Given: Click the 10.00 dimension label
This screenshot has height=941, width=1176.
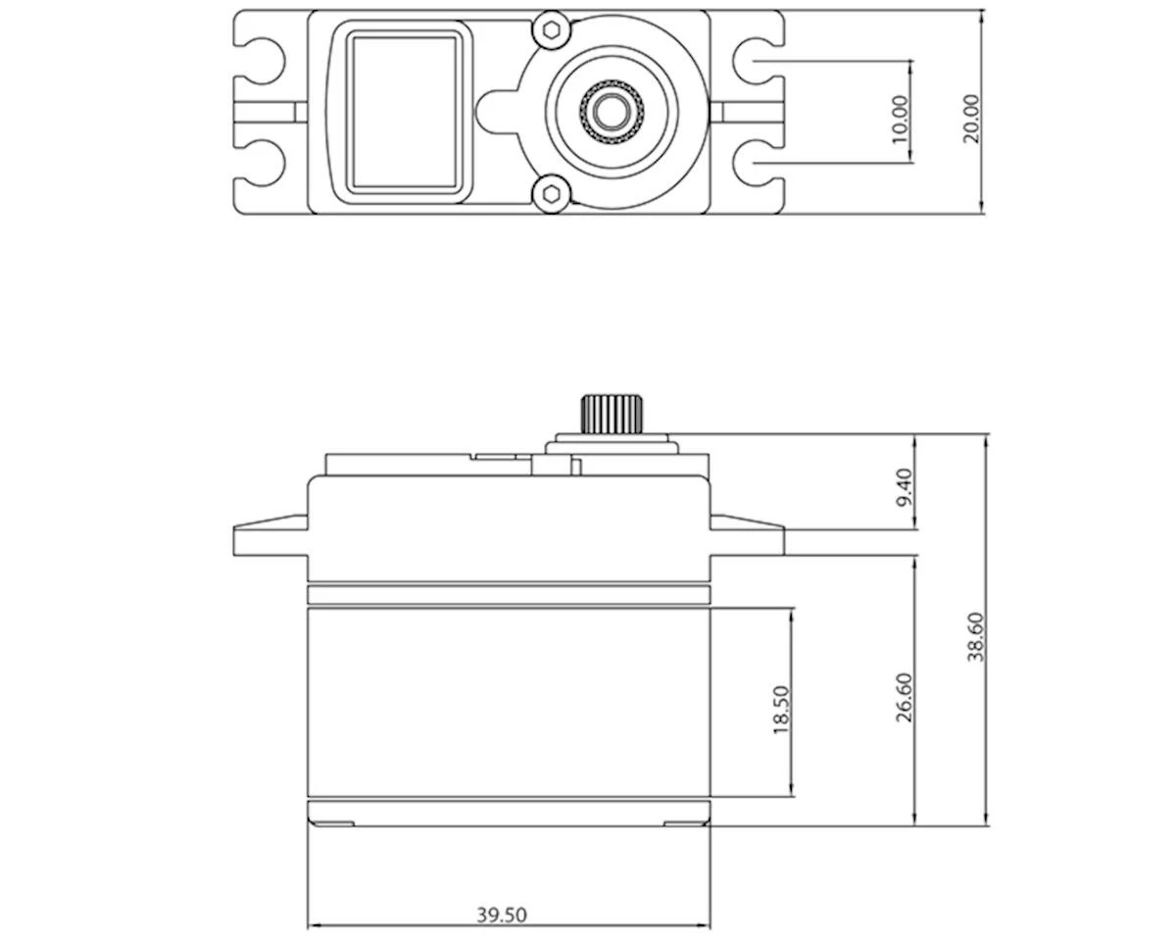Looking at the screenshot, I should tap(901, 119).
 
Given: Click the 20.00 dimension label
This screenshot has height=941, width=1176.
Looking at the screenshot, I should tap(970, 119).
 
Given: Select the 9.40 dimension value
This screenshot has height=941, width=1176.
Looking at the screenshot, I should tap(904, 487).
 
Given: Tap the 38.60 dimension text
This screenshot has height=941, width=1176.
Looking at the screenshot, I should tap(976, 637).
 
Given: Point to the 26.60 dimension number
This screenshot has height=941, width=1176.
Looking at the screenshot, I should tap(904, 697).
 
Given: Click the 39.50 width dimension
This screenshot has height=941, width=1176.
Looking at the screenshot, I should tap(502, 915).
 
